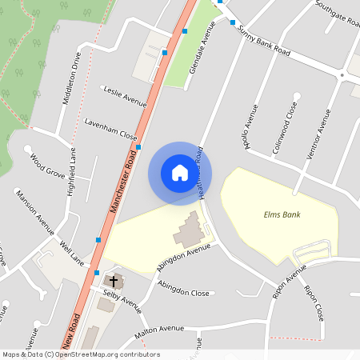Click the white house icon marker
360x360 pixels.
pos(180,173)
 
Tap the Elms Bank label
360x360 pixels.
pos(282,214)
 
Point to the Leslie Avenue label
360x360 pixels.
pos(126,96)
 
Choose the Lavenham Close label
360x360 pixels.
pos(111,128)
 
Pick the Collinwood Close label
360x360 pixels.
pos(287,123)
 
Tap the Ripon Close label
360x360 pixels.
pos(314,301)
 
